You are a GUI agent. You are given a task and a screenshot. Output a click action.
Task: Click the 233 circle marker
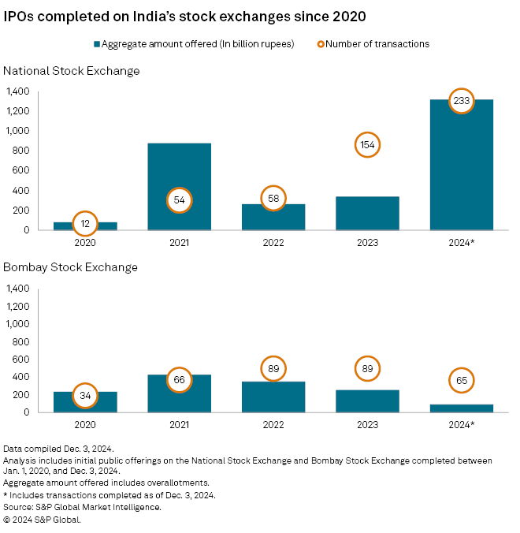(x=461, y=101)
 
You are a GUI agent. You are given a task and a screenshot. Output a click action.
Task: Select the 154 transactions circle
(x=367, y=145)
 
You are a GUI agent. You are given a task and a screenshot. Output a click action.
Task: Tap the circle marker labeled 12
(x=85, y=225)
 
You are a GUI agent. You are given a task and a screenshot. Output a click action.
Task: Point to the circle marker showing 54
(x=179, y=200)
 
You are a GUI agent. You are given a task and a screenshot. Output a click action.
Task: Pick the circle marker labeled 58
(x=273, y=197)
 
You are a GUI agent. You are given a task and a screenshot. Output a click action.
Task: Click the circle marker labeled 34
(x=85, y=395)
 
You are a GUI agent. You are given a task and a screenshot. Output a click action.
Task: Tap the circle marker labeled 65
(x=461, y=380)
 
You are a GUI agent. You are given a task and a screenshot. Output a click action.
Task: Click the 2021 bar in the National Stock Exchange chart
(x=179, y=170)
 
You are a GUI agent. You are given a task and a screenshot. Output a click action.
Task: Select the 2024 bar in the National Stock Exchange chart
(x=461, y=173)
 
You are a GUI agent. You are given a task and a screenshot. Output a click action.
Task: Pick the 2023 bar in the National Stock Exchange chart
(x=367, y=213)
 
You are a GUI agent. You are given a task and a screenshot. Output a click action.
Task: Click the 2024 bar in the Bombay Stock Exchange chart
(x=461, y=408)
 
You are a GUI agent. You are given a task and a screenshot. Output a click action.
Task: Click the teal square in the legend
(x=98, y=44)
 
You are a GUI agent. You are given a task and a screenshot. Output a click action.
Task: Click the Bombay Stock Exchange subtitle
(x=71, y=267)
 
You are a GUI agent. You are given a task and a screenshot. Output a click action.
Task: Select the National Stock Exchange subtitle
(x=72, y=71)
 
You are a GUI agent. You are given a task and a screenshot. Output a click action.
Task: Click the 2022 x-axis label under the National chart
(x=273, y=243)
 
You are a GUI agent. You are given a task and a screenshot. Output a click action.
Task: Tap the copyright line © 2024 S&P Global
(x=42, y=520)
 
